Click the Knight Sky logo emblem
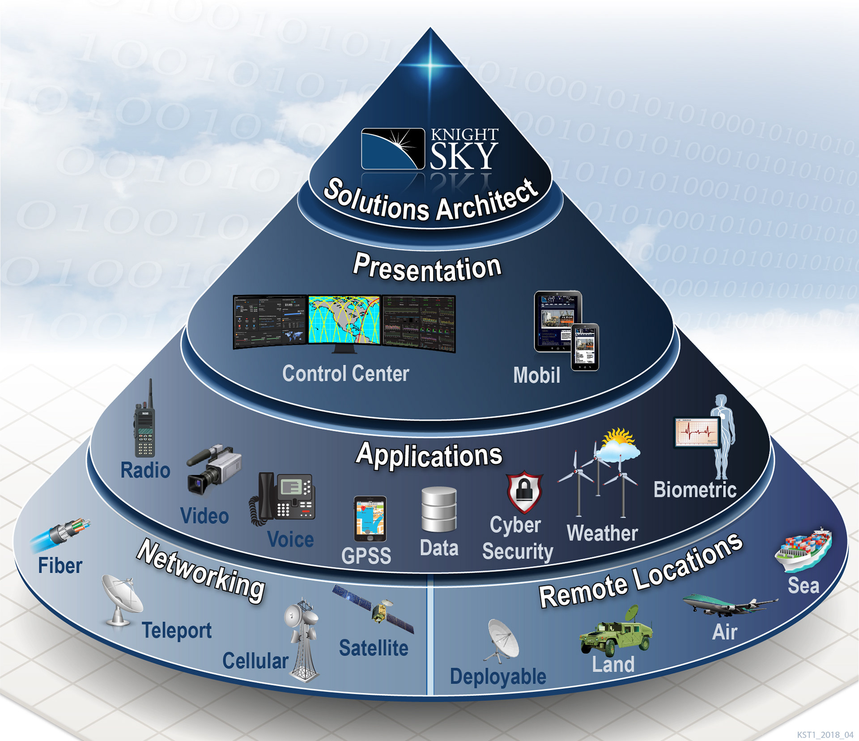pyautogui.click(x=392, y=149)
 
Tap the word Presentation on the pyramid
pyautogui.click(x=427, y=268)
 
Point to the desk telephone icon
pyautogui.click(x=283, y=498)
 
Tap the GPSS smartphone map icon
pyautogui.click(x=370, y=519)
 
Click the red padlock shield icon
pyautogui.click(x=524, y=492)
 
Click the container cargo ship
pyautogui.click(x=804, y=550)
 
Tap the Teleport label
pyautogui.click(x=177, y=630)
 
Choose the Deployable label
pyautogui.click(x=498, y=676)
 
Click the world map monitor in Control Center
pyautogui.click(x=344, y=319)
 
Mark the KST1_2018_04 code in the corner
pyautogui.click(x=825, y=735)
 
